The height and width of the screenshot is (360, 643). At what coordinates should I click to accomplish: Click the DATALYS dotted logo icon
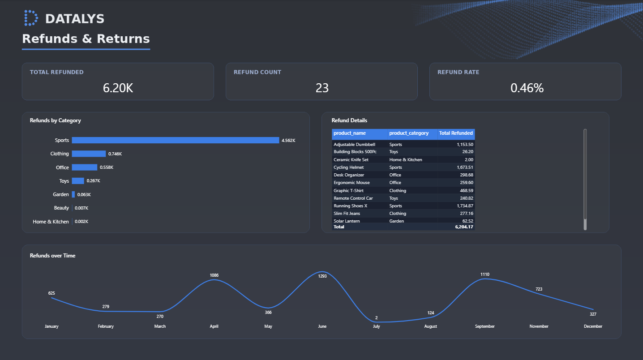31,18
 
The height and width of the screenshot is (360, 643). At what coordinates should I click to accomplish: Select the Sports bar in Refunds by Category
176,140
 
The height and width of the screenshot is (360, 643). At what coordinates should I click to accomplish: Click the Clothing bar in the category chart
89,154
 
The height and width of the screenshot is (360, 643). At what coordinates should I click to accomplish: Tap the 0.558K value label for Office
107,167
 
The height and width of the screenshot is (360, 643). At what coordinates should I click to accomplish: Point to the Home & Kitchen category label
51,222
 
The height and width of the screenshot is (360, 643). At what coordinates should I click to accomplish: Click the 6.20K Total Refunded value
118,88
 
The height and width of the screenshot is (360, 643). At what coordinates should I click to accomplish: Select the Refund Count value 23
322,88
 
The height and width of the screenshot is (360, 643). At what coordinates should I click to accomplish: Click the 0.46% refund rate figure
527,88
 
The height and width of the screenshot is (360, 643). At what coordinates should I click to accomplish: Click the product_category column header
409,133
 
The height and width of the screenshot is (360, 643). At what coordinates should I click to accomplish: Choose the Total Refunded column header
456,133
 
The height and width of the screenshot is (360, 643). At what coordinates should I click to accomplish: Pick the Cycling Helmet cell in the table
348,167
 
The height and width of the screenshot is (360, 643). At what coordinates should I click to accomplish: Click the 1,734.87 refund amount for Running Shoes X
465,206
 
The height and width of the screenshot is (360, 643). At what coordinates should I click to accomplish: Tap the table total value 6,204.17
464,227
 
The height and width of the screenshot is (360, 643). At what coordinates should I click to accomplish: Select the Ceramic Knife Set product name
351,159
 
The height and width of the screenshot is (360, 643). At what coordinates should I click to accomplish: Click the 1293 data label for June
322,276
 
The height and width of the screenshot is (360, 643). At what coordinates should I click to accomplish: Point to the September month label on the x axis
485,326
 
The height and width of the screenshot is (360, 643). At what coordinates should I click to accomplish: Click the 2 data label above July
376,318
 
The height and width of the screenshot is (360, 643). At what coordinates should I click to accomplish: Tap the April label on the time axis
214,326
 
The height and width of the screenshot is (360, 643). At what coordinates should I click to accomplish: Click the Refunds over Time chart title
52,256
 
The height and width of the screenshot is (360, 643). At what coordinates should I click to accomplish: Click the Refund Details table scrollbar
585,180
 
